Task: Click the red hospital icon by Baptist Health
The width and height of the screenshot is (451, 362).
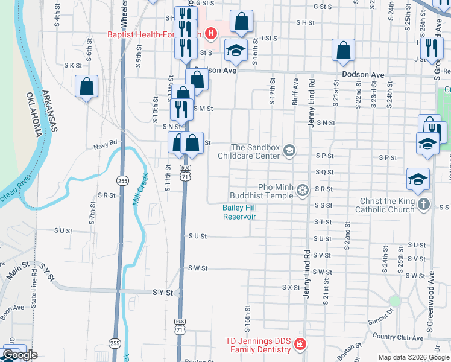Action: (x=210, y=33)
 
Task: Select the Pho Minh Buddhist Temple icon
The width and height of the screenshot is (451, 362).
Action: (x=302, y=191)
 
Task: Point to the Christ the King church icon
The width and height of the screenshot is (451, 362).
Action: (x=423, y=205)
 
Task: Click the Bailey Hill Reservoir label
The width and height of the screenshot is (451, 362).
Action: (x=239, y=212)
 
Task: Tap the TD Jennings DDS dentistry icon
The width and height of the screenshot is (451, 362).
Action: (x=300, y=345)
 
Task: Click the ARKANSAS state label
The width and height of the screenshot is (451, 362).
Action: (x=50, y=112)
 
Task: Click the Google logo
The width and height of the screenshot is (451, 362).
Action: (x=20, y=355)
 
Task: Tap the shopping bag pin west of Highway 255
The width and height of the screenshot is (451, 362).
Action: (x=87, y=86)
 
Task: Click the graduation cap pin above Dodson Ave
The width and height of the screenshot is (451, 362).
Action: (x=236, y=50)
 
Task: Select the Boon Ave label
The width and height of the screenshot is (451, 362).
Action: (x=11, y=308)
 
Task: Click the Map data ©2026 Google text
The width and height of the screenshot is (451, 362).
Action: (x=413, y=357)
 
